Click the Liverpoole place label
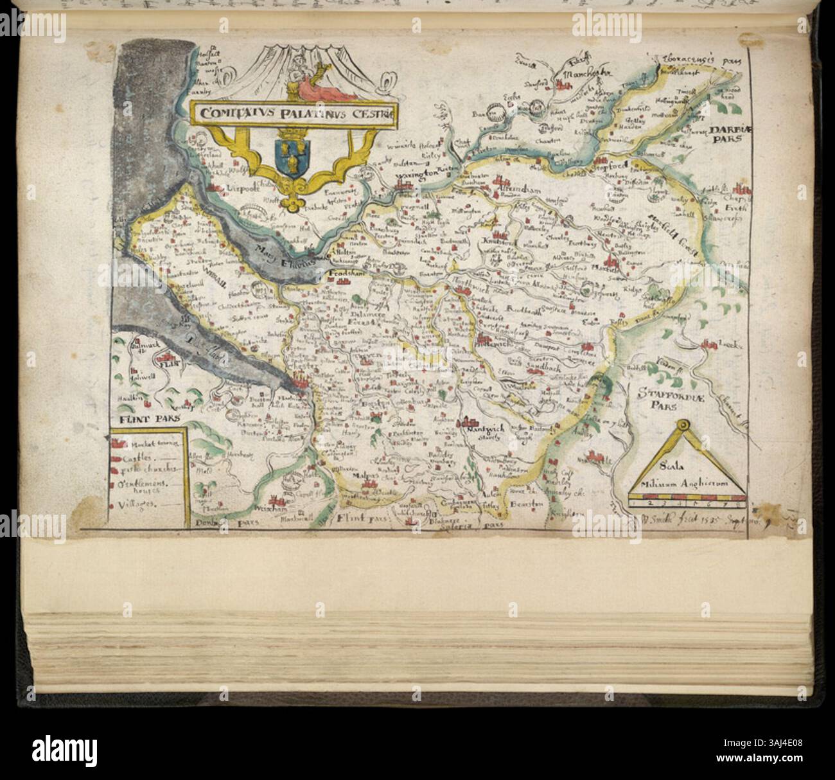point(243,188)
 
